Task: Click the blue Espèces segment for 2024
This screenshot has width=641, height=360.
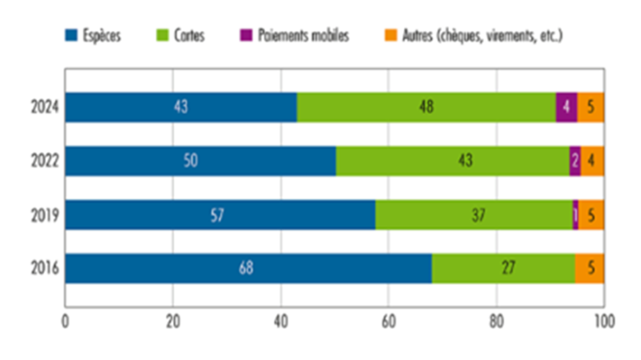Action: click(181, 107)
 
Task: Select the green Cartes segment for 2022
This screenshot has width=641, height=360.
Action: click(452, 161)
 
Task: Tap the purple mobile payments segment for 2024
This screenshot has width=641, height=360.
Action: click(566, 107)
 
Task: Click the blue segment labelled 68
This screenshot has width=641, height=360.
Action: click(248, 269)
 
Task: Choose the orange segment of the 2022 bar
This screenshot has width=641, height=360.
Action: click(593, 161)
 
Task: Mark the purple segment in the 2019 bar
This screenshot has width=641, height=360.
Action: click(575, 215)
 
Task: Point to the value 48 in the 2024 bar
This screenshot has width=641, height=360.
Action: click(426, 107)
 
